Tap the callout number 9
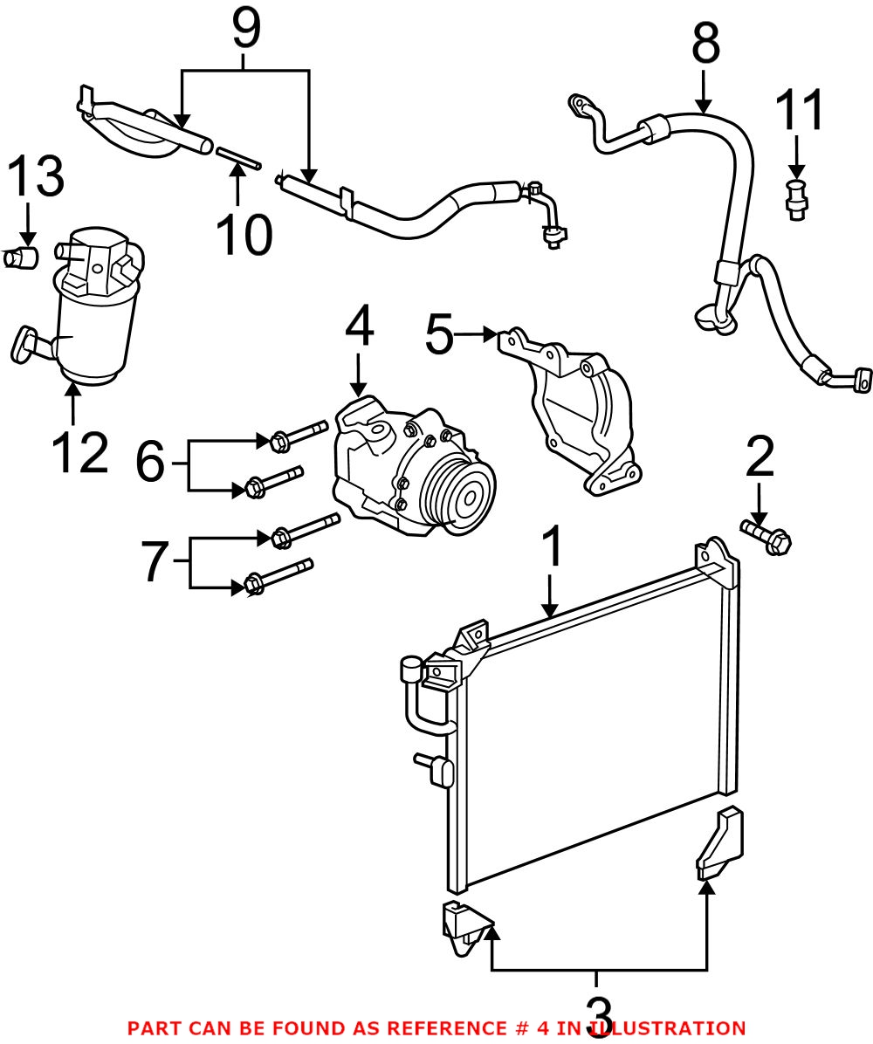click(245, 31)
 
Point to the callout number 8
click(705, 44)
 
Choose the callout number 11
click(801, 111)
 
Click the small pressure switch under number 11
click(795, 199)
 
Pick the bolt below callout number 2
click(766, 537)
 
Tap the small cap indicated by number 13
click(24, 258)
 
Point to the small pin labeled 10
click(237, 156)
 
